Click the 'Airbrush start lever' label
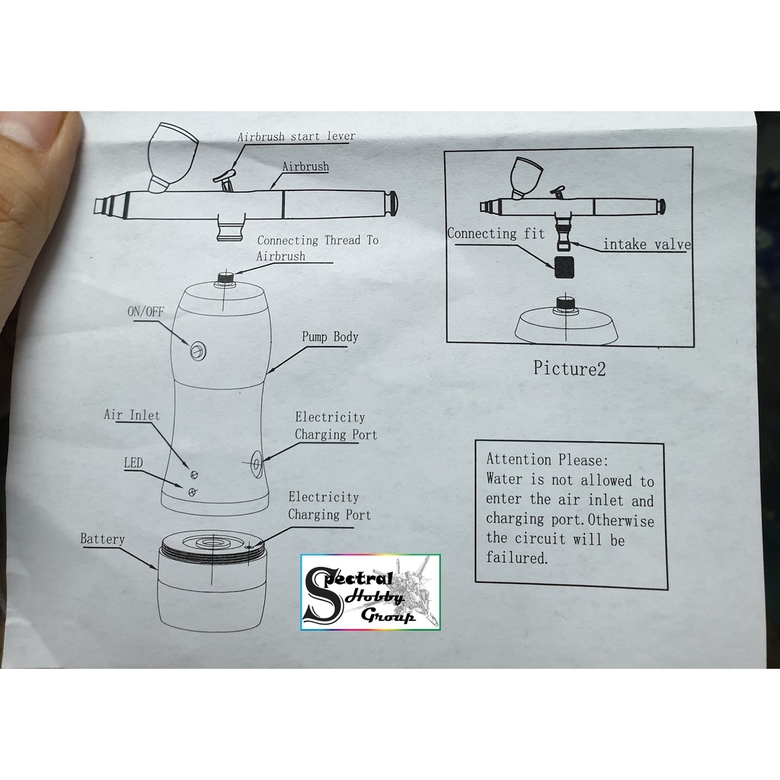(296, 137)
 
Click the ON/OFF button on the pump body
(198, 350)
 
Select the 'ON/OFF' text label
(145, 312)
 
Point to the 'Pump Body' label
(330, 337)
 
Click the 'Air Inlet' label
(132, 415)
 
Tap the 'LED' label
(133, 463)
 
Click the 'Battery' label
(102, 539)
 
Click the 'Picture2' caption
(569, 369)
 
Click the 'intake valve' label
(647, 245)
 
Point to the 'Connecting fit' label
(496, 234)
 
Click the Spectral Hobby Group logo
(370, 592)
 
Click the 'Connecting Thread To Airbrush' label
(317, 248)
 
